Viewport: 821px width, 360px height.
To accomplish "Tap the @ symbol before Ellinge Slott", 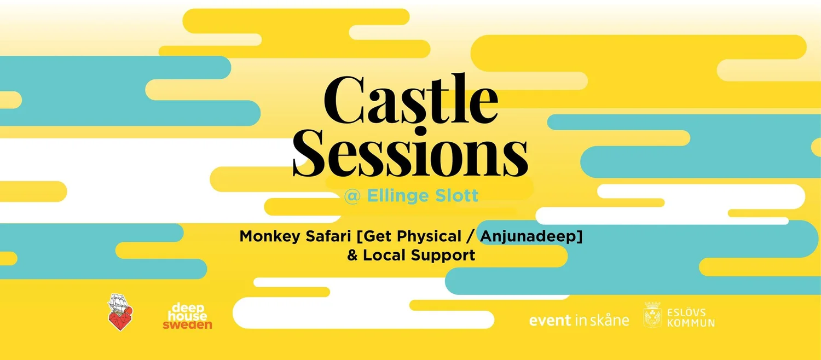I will (352, 196).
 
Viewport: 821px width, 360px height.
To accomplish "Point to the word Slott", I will (458, 196).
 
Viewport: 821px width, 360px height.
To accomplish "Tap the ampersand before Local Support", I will (352, 256).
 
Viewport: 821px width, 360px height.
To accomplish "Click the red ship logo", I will (120, 312).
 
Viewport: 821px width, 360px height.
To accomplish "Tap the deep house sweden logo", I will (188, 316).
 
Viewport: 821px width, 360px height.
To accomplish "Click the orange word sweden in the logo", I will (188, 325).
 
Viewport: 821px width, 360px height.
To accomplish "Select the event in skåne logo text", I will (579, 320).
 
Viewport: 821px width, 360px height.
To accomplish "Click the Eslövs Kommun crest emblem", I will (652, 315).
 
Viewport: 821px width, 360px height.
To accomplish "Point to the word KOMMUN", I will (691, 323).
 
